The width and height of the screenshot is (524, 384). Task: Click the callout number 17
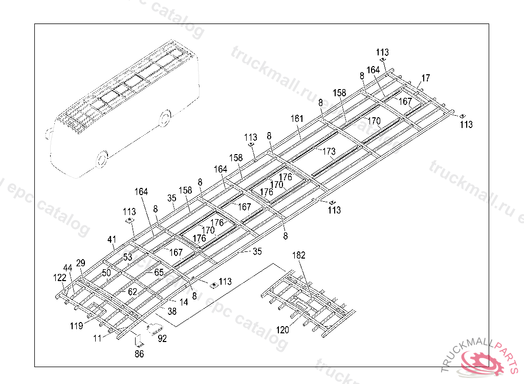click(x=426, y=78)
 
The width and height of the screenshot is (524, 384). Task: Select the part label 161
click(x=297, y=119)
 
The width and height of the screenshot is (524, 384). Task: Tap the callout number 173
click(x=329, y=152)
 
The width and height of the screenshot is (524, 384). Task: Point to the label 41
click(x=112, y=239)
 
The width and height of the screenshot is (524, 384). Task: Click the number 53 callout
click(x=127, y=257)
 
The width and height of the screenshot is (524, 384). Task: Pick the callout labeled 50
click(x=106, y=272)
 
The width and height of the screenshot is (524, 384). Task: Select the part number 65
click(x=159, y=272)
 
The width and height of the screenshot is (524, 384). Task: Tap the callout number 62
click(x=133, y=292)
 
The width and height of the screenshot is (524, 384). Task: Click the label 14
click(x=184, y=302)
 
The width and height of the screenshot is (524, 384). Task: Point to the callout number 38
click(x=172, y=311)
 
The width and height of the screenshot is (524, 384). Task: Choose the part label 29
click(x=81, y=263)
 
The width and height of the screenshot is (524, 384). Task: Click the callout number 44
click(x=68, y=268)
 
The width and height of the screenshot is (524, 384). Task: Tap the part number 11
click(x=97, y=338)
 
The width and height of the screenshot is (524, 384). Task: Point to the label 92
click(x=162, y=338)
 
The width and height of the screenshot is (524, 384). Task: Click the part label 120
click(x=282, y=330)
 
